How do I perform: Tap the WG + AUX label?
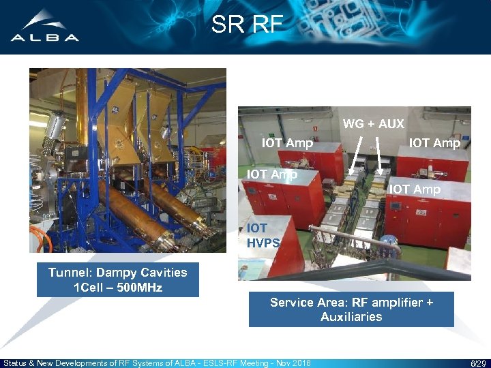(x=373, y=124)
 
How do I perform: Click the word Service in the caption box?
(x=292, y=302)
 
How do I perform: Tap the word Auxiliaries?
(x=351, y=317)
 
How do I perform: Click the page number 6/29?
(x=477, y=363)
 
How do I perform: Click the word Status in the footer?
(x=16, y=363)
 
